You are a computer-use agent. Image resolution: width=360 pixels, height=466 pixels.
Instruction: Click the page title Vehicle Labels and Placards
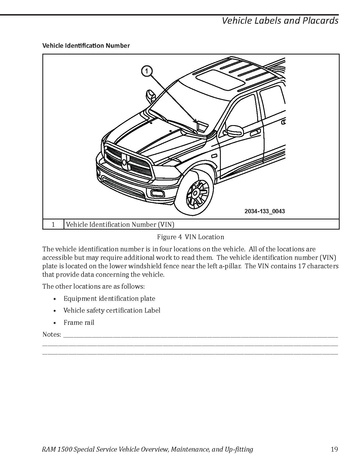point(280,21)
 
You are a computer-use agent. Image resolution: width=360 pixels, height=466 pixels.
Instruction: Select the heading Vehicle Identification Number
point(86,46)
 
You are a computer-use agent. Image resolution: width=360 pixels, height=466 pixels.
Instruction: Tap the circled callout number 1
point(147,71)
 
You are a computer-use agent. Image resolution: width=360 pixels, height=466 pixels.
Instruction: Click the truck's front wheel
point(195,192)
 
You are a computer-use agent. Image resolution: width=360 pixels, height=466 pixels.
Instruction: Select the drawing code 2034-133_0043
point(265,211)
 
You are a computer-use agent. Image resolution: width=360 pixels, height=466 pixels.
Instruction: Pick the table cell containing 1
point(53,224)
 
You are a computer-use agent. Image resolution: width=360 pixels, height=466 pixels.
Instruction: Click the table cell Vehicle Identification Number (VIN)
point(120,224)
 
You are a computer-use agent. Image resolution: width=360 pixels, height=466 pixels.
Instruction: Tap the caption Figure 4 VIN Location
point(190,237)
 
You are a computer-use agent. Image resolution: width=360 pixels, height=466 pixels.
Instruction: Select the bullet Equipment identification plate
point(109,298)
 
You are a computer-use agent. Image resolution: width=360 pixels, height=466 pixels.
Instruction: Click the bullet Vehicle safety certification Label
point(112,310)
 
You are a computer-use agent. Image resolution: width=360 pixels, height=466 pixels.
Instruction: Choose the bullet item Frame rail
point(79,322)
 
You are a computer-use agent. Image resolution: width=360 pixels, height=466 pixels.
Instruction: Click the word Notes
point(52,334)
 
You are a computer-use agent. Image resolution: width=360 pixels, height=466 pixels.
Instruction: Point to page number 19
point(334,449)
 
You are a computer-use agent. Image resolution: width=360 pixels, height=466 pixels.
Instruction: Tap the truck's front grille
point(128,162)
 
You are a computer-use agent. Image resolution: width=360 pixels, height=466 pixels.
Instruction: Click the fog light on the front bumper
point(157,193)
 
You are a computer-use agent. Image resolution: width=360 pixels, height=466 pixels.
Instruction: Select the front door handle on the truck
point(255,133)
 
